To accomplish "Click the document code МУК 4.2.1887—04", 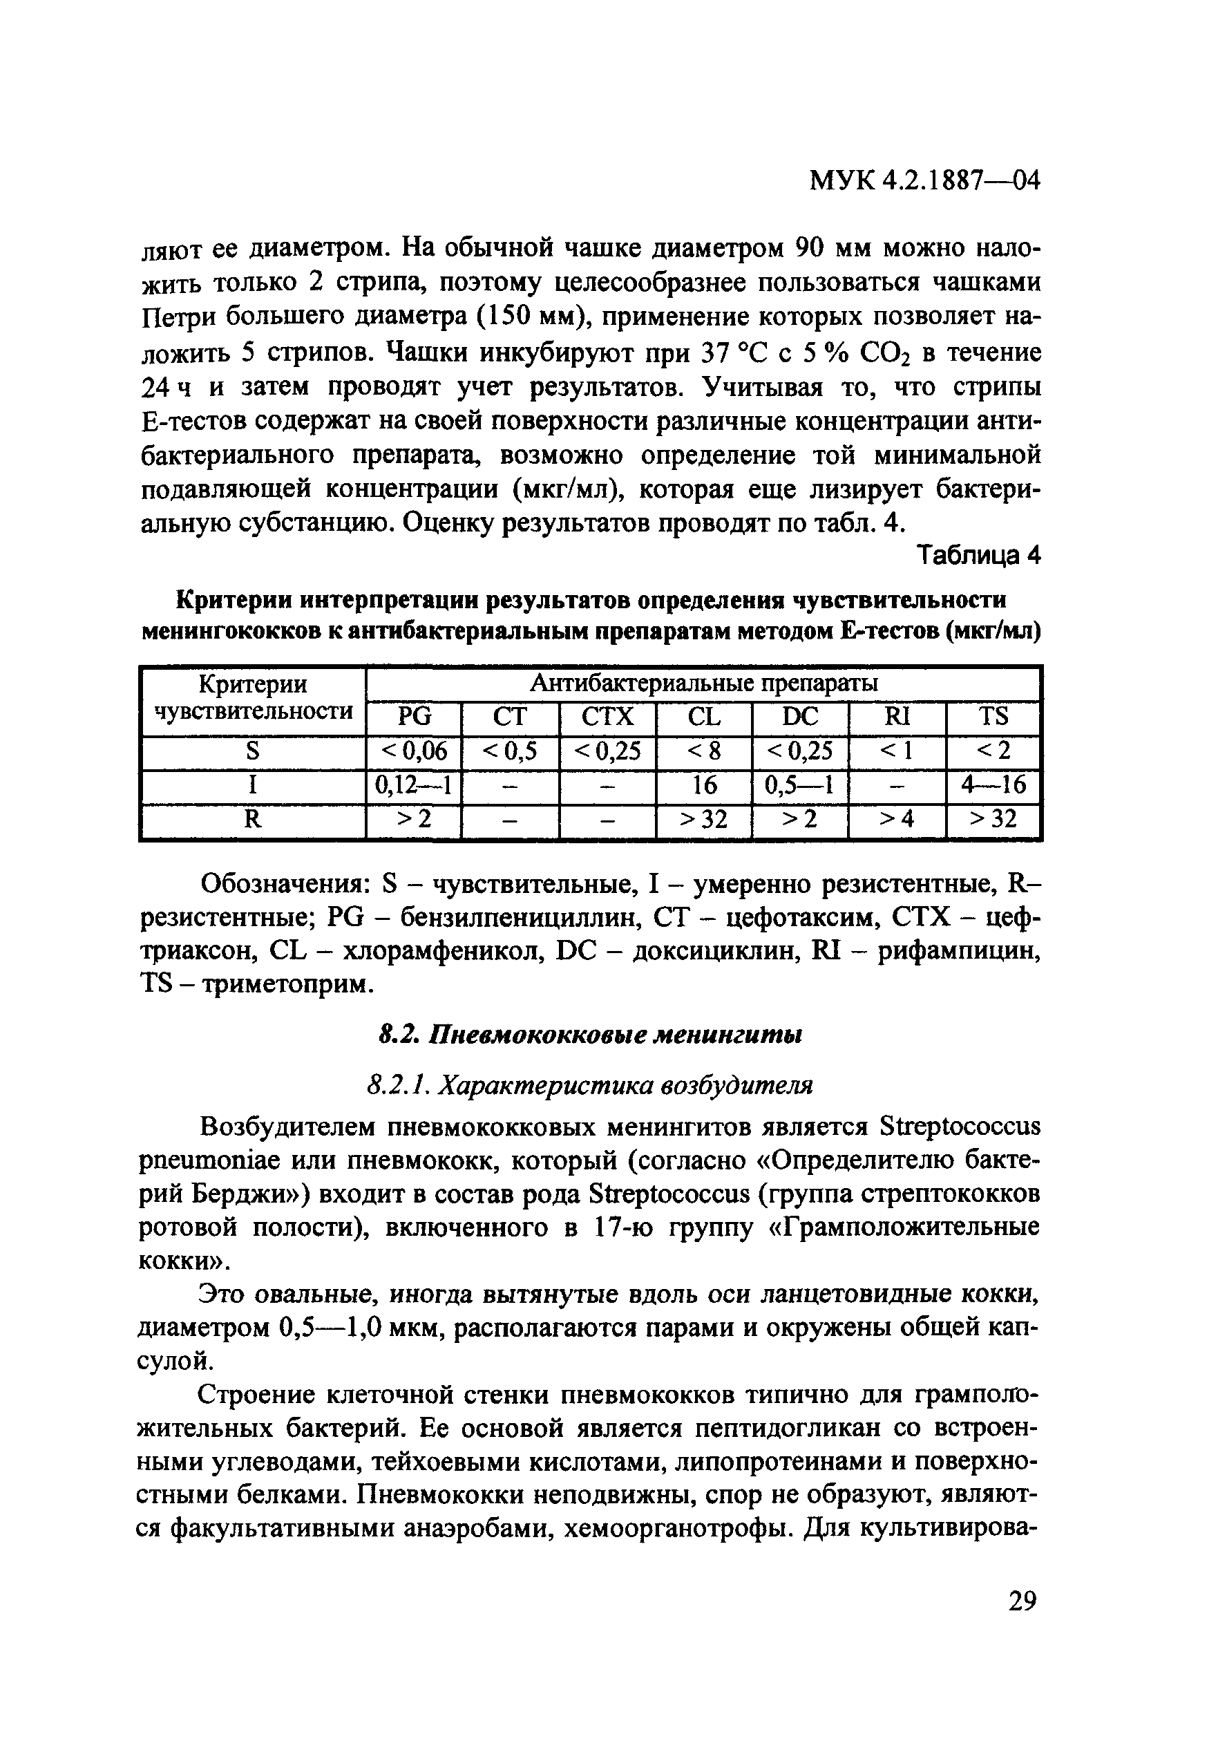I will (924, 182).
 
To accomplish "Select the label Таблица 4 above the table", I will (979, 556).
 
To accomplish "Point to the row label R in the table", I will (253, 820).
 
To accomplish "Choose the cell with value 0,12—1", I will (415, 785).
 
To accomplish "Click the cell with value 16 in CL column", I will (705, 785).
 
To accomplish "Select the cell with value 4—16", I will (993, 785).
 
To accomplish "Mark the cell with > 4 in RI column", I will (897, 820).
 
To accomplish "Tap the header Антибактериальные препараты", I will (704, 684).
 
